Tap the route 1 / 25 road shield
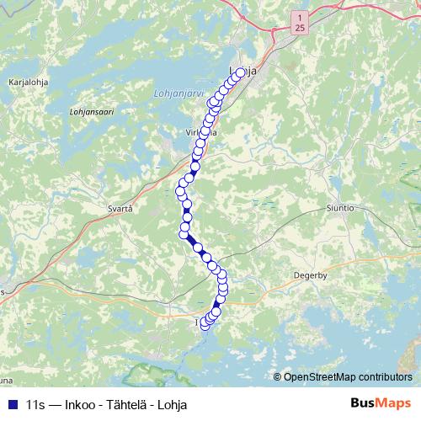(301, 23)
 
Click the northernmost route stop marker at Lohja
(241, 72)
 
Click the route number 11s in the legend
(35, 402)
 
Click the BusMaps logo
(382, 402)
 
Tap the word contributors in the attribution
(384, 377)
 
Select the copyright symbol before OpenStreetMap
(278, 377)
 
